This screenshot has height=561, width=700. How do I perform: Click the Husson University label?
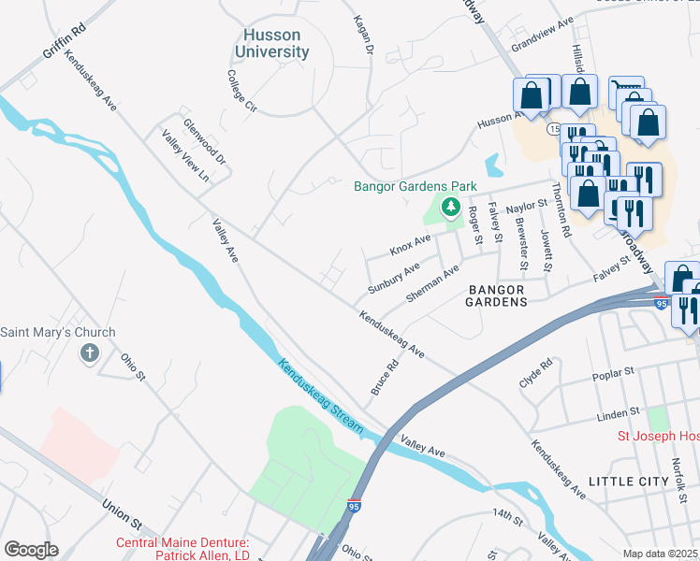(271, 43)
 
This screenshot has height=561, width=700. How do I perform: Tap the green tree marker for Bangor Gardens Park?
(451, 205)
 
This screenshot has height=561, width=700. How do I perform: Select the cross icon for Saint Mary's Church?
(89, 352)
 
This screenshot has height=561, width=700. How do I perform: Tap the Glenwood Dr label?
(205, 141)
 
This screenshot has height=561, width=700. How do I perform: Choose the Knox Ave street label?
(410, 245)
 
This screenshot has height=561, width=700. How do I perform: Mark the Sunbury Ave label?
(394, 276)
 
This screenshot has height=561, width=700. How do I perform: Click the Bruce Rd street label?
(386, 377)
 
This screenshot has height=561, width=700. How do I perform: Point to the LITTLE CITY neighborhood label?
(629, 481)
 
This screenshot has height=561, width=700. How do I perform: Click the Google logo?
(31, 550)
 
